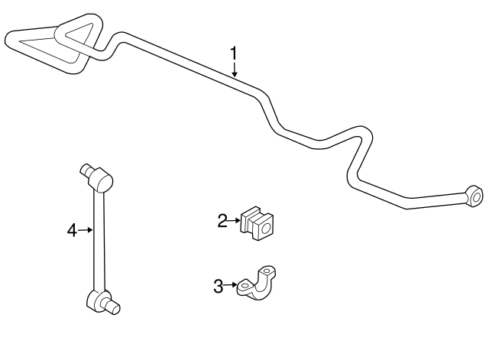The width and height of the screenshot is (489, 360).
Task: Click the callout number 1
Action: coord(234,54)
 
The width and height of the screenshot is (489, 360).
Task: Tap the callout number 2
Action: coord(222,221)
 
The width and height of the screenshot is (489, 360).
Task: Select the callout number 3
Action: coord(219,286)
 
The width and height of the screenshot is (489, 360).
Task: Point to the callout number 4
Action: coord(72,231)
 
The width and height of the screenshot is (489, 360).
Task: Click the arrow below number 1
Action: coord(235,70)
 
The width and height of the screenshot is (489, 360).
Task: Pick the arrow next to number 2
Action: coord(234,221)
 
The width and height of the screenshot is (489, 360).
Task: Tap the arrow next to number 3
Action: coord(231,285)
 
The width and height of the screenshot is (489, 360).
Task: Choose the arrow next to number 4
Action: coord(85,230)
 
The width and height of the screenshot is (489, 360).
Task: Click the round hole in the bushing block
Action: coord(265,229)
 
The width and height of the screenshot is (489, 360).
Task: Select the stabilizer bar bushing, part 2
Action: coord(257,222)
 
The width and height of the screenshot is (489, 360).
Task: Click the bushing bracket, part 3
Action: coord(257,284)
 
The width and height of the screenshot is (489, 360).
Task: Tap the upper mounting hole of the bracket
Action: coord(267,271)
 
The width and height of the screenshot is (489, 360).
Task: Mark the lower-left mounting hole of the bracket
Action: coord(244,286)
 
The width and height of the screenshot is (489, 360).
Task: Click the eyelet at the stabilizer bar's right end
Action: coord(474,196)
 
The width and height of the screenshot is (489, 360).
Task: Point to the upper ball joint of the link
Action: coord(100,180)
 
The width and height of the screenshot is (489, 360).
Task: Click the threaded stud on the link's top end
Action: coord(86,170)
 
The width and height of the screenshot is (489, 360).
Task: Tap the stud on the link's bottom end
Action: coord(112,306)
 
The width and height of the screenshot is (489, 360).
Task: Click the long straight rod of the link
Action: coord(99,240)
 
